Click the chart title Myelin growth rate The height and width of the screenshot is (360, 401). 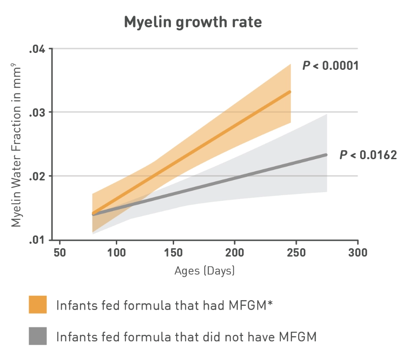click(x=193, y=22)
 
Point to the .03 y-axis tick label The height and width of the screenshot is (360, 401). click(x=37, y=113)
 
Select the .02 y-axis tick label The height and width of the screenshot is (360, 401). click(x=37, y=176)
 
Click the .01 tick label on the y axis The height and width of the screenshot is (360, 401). click(x=37, y=240)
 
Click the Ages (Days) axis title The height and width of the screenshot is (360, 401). click(x=204, y=271)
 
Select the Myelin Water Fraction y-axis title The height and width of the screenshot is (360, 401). click(x=16, y=144)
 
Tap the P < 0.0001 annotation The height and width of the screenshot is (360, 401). click(x=330, y=66)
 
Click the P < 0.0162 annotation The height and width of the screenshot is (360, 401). click(x=368, y=155)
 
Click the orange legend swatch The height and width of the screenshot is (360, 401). click(x=38, y=304)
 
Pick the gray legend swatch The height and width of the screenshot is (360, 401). click(x=38, y=336)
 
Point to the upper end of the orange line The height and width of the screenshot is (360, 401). click(x=289, y=92)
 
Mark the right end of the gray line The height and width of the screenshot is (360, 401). click(x=325, y=155)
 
